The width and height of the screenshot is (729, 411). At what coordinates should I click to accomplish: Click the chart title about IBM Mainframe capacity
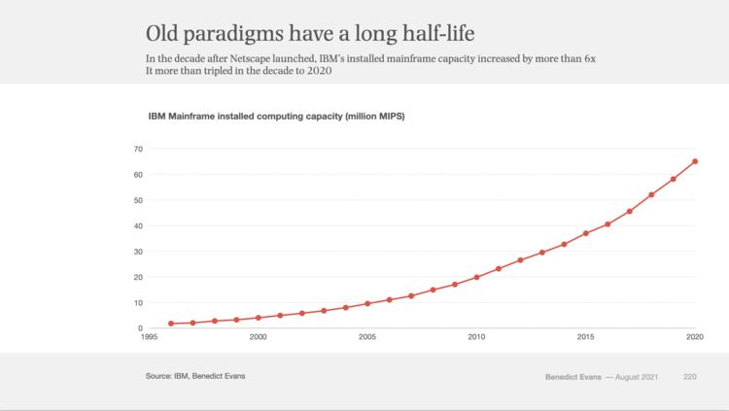[x=275, y=117]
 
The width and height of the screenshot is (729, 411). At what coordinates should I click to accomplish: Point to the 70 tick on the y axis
[x=137, y=149]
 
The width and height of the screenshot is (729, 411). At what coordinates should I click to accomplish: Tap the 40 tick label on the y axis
[x=137, y=225]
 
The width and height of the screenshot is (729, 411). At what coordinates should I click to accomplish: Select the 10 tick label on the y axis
[x=137, y=302]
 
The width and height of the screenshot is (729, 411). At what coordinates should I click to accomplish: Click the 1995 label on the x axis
[x=149, y=337]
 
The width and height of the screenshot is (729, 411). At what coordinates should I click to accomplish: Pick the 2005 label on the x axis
[x=367, y=337]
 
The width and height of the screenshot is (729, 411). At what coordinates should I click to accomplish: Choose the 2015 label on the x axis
[x=586, y=337]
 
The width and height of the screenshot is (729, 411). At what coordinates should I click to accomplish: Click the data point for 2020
[x=695, y=161]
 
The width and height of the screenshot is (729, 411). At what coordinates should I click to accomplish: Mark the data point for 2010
[x=476, y=277]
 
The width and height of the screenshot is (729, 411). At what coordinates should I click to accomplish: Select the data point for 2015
[x=586, y=233]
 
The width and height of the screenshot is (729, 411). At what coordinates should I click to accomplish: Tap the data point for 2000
[x=258, y=318]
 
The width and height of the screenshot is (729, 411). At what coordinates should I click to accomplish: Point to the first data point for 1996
[x=171, y=324]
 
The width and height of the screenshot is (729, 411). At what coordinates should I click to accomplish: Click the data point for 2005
[x=367, y=303]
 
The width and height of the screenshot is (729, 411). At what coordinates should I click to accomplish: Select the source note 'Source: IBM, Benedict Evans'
[x=195, y=375]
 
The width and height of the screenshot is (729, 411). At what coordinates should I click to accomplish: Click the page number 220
[x=690, y=375]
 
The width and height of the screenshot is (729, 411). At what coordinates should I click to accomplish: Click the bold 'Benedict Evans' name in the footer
[x=573, y=375]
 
